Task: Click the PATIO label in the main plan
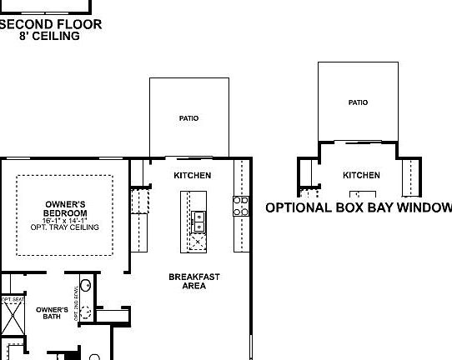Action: (x=188, y=118)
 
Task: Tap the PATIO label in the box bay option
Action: (x=358, y=102)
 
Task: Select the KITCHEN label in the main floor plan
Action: (x=192, y=176)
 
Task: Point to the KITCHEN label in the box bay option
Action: (x=361, y=176)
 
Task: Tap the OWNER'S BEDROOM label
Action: (x=64, y=208)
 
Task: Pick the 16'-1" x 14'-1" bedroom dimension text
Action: (x=64, y=219)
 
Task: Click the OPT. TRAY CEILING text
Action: (x=64, y=227)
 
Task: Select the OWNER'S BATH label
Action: (x=52, y=312)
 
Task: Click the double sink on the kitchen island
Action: (x=199, y=222)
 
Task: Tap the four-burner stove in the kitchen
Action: (x=240, y=206)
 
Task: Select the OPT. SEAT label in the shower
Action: (x=12, y=299)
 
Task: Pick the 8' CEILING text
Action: (x=50, y=36)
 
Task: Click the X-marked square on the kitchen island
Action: (x=199, y=242)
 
